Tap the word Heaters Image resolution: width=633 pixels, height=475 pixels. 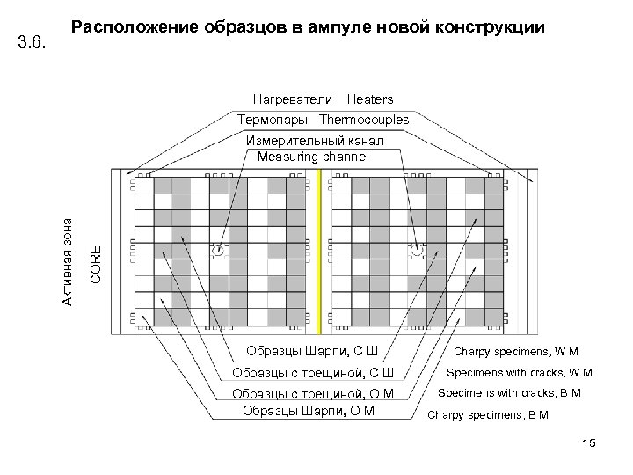(x=370, y=99)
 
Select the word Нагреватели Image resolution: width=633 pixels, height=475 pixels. (x=293, y=99)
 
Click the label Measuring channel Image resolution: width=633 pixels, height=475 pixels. (x=313, y=157)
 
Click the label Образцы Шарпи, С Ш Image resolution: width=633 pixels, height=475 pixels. (x=312, y=353)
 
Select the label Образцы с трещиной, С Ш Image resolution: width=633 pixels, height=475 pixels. (x=312, y=373)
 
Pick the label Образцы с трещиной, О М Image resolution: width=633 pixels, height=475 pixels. (x=312, y=393)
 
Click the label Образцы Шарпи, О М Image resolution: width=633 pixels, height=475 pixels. (x=308, y=410)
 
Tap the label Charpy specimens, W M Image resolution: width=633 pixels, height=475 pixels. (x=516, y=354)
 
